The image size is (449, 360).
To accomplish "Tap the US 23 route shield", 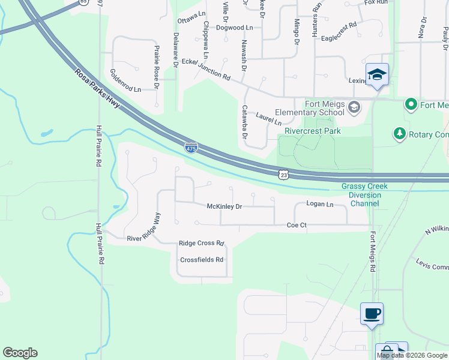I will pyautogui.click(x=284, y=174).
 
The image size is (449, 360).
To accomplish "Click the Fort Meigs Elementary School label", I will pyautogui.click(x=310, y=108).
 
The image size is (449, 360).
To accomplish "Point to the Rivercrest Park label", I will pyautogui.click(x=312, y=130).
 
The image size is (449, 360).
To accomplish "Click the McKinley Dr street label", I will pyautogui.click(x=224, y=206).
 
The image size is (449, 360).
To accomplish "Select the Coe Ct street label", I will pyautogui.click(x=297, y=225).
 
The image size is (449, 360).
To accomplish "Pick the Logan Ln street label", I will pyautogui.click(x=319, y=204).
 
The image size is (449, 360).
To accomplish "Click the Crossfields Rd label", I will pyautogui.click(x=202, y=260).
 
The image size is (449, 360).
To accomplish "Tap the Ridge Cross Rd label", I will pyautogui.click(x=201, y=244).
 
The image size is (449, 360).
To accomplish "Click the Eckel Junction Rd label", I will pyautogui.click(x=206, y=70).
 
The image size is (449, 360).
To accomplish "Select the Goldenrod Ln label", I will pyautogui.click(x=125, y=80).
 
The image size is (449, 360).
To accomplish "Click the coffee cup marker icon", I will pyautogui.click(x=372, y=313).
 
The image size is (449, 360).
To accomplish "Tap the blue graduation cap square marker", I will pyautogui.click(x=377, y=75).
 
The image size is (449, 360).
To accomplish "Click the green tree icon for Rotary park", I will pyautogui.click(x=399, y=133).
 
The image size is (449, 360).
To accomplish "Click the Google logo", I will pyautogui.click(x=20, y=353).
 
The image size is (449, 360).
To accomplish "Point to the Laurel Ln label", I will pyautogui.click(x=268, y=118).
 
